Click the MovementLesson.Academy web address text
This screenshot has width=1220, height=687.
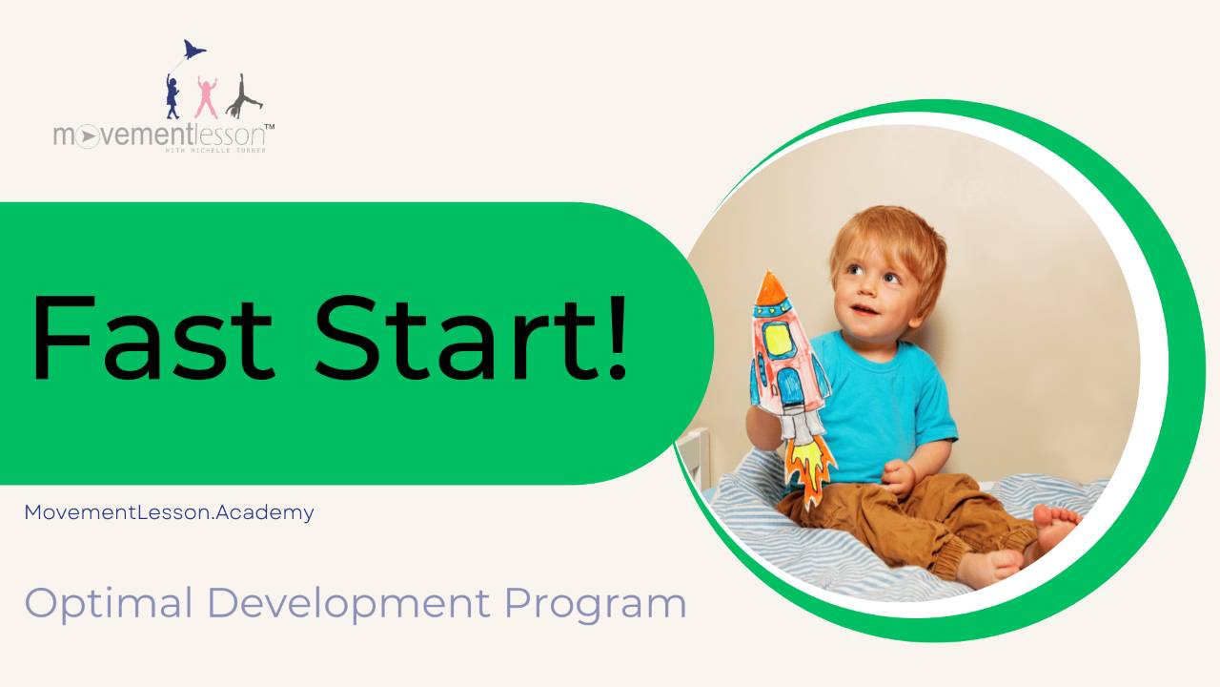click(169, 512)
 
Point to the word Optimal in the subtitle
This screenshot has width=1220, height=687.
click(106, 604)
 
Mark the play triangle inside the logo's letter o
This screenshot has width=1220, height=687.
click(87, 137)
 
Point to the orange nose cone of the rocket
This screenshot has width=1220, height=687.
click(767, 285)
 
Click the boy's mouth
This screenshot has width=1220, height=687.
click(864, 309)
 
